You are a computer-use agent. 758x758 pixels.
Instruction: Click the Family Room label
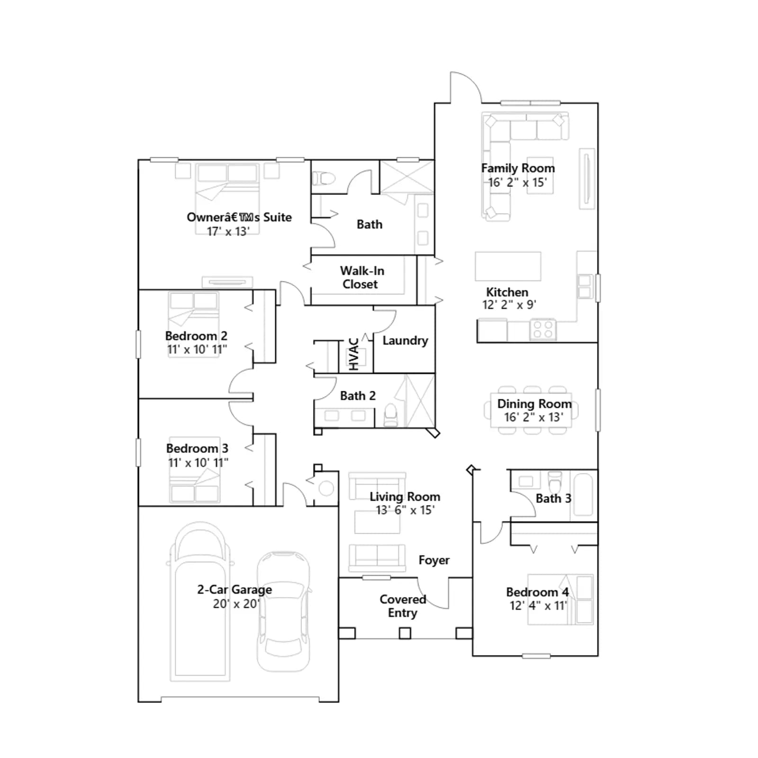518,168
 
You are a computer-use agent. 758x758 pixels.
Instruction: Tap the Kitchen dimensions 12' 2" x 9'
509,305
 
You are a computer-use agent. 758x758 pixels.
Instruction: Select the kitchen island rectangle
508,266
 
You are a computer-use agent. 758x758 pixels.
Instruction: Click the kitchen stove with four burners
543,329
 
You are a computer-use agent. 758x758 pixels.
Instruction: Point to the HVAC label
353,353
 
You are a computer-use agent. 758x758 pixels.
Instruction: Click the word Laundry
405,341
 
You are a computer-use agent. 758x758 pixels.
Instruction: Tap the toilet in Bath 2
391,415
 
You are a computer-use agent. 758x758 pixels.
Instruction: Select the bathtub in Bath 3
583,495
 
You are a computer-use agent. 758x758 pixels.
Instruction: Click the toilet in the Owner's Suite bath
325,179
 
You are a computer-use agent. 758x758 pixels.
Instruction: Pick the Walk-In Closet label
361,278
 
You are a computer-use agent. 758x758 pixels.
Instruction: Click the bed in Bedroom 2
194,325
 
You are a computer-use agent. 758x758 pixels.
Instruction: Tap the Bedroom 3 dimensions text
198,462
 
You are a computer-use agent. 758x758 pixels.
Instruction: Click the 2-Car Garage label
235,590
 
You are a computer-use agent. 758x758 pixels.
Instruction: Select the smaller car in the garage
284,611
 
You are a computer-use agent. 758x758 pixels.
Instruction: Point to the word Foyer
434,560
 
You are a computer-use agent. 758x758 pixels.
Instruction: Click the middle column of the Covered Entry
405,633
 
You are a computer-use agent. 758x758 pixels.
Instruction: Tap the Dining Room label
534,404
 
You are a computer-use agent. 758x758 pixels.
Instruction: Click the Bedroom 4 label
537,592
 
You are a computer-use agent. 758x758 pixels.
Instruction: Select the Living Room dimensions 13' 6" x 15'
405,510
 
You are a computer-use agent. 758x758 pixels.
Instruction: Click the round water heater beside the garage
326,488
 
